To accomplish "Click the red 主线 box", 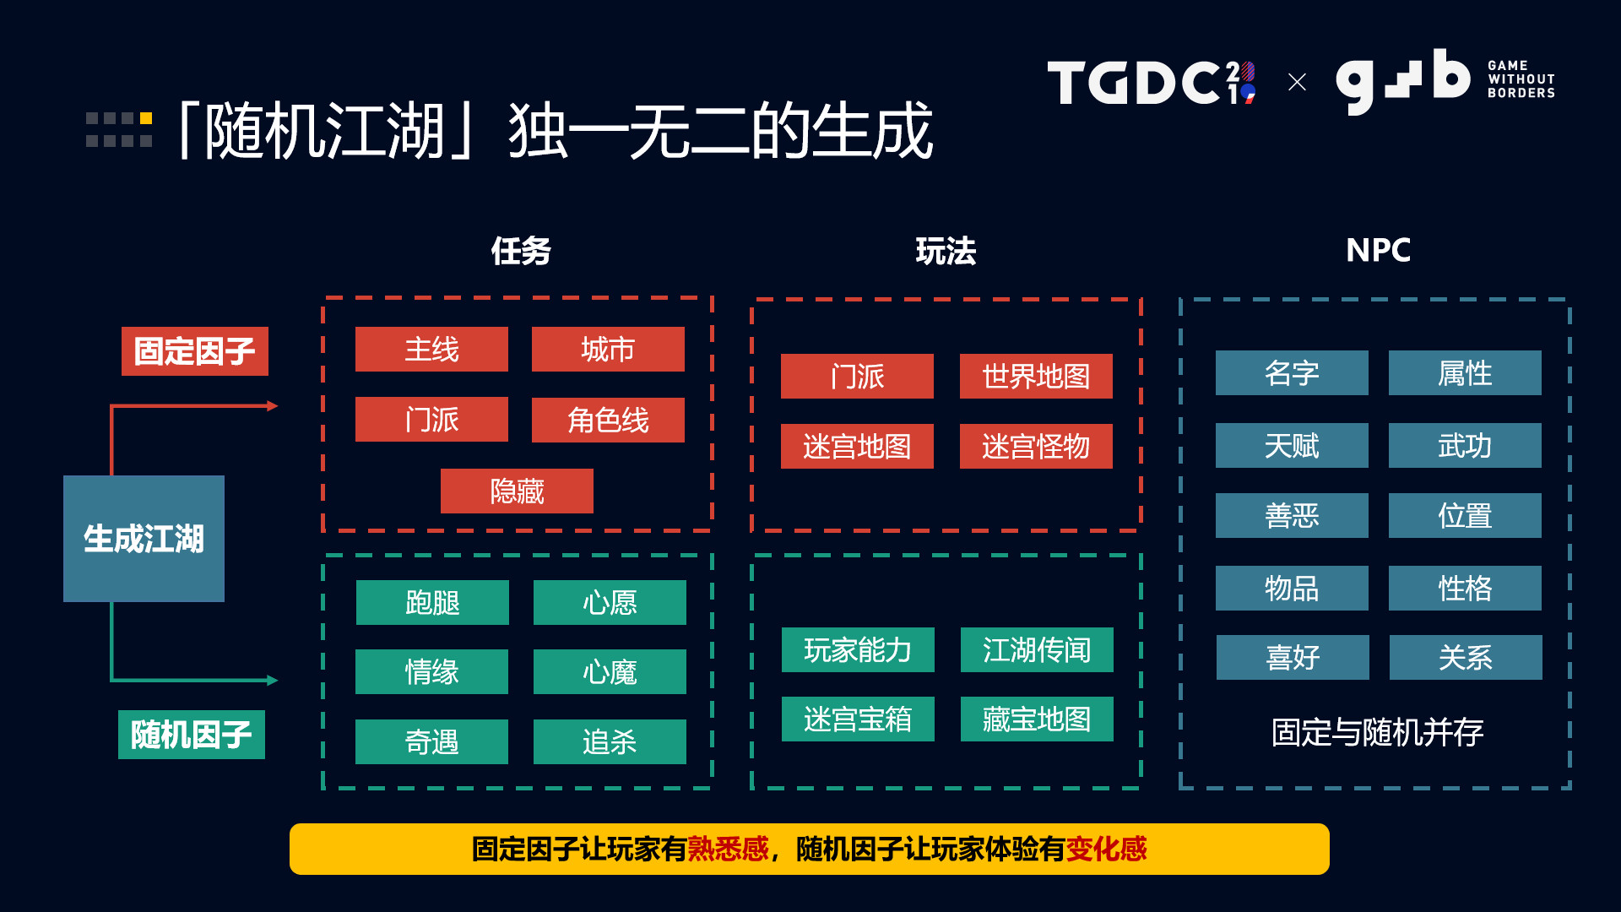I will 431,349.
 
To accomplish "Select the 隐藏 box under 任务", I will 517,491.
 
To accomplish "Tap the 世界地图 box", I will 1036,376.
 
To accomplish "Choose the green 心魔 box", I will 610,672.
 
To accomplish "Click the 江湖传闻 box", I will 1037,649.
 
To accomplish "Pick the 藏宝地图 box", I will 1037,719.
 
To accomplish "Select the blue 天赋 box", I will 1292,445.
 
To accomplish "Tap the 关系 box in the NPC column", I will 1466,657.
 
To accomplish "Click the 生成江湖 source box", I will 144,539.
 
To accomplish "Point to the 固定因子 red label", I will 194,351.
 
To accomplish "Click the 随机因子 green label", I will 191,735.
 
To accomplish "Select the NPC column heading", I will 1378,250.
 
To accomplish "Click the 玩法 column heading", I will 946,251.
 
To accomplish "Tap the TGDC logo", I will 1150,83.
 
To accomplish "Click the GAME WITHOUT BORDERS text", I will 1521,79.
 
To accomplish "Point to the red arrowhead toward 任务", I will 272,406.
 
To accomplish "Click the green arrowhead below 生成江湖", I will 272,680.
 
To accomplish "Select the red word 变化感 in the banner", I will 1106,849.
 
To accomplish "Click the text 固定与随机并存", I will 1377,732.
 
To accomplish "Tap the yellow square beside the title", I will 146,118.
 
